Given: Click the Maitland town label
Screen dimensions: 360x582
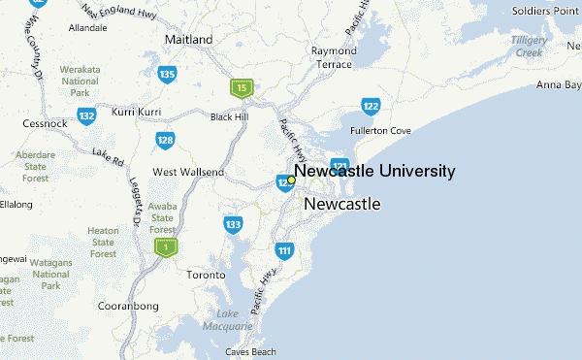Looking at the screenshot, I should click(189, 40).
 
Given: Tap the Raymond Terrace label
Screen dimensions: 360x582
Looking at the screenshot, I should click(334, 57).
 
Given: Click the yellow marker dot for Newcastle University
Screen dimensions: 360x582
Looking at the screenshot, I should click(291, 180).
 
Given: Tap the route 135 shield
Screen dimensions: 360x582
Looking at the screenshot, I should click(168, 74).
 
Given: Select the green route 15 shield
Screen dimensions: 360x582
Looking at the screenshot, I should click(242, 88).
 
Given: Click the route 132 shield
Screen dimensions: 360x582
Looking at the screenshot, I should click(87, 116).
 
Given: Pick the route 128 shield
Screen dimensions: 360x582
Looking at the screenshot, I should click(165, 142).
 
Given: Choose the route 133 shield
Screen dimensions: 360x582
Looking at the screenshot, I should click(233, 225).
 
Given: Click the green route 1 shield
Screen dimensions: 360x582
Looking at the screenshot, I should click(166, 248).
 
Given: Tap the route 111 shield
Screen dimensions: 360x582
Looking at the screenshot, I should click(283, 251).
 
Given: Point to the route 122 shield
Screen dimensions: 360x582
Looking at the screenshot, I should click(370, 106).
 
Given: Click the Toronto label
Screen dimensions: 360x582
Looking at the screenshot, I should click(206, 275).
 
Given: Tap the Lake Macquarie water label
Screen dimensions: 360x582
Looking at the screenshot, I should click(227, 320).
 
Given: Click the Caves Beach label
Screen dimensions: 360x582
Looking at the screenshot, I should click(250, 351).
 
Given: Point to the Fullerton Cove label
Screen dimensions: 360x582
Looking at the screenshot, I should click(381, 130).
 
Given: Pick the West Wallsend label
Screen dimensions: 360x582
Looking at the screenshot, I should click(188, 172).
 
